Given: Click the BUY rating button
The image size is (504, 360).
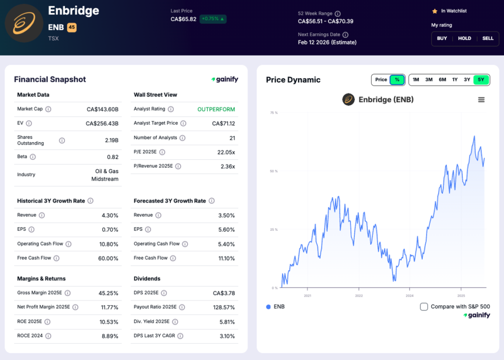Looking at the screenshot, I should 442,38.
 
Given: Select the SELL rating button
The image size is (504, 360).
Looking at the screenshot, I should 488,38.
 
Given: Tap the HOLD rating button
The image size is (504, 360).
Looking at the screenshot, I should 465,38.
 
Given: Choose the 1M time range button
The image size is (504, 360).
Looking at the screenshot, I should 416,80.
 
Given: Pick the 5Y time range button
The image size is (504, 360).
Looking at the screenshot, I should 481,80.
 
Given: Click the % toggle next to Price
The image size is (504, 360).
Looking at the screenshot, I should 397,80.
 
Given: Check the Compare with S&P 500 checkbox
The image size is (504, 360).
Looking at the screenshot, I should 424,307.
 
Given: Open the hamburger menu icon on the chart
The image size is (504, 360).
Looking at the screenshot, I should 481,100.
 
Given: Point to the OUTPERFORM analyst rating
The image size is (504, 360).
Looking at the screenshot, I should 216,109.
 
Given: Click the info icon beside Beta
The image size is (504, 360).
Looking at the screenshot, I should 33,157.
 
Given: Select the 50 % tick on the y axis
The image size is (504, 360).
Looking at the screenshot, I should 274,171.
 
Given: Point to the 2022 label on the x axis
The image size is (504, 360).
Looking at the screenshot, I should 359,296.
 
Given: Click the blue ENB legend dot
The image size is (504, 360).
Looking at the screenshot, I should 268,307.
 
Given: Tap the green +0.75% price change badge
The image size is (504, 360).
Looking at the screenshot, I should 213,19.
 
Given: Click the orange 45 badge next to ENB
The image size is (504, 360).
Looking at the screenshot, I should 72,28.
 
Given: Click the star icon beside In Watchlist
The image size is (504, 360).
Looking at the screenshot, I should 435,11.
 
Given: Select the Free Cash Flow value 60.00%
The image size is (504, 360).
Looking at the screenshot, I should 108,258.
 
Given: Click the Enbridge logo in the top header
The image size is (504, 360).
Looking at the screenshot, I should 24,23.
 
